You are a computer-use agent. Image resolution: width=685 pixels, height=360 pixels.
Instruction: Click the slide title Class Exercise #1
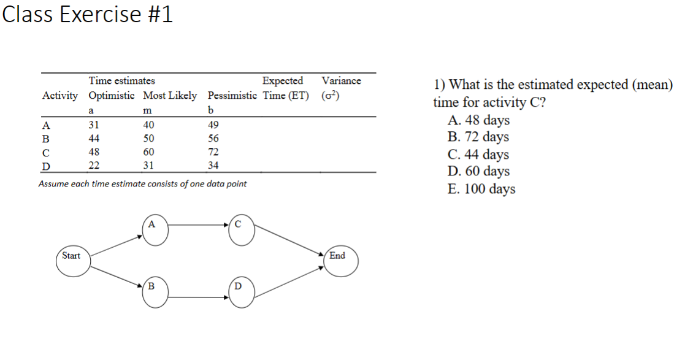click(87, 14)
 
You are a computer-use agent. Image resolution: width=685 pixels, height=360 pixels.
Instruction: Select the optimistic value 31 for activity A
click(94, 125)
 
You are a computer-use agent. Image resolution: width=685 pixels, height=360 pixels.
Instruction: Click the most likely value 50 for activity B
click(148, 139)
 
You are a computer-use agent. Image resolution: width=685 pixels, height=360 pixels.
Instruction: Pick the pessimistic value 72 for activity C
click(213, 152)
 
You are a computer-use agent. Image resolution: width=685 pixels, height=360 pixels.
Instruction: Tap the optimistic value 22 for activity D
click(94, 166)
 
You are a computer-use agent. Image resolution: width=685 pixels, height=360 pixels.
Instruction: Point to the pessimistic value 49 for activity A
click(213, 125)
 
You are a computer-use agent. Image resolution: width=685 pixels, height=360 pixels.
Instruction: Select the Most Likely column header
click(170, 95)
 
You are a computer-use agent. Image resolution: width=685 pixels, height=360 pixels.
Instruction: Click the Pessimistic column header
click(232, 95)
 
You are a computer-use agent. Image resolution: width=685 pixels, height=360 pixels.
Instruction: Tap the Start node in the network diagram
click(74, 262)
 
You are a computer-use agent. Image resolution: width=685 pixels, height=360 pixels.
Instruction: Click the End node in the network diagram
click(341, 261)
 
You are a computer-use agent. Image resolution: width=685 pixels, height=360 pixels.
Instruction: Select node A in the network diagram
click(155, 230)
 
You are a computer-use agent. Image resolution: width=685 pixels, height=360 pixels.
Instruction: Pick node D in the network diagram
click(242, 293)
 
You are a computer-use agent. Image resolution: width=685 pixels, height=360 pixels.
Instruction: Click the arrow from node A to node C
click(198, 225)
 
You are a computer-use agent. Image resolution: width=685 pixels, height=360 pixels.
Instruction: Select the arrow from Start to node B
click(117, 277)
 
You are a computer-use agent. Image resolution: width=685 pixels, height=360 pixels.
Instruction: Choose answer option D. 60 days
click(478, 171)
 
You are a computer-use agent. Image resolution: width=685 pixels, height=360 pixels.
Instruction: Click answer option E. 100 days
click(481, 189)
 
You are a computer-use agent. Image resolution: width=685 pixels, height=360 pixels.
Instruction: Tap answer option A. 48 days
click(478, 120)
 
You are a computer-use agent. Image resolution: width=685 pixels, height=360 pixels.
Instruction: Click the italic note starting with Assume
click(142, 184)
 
